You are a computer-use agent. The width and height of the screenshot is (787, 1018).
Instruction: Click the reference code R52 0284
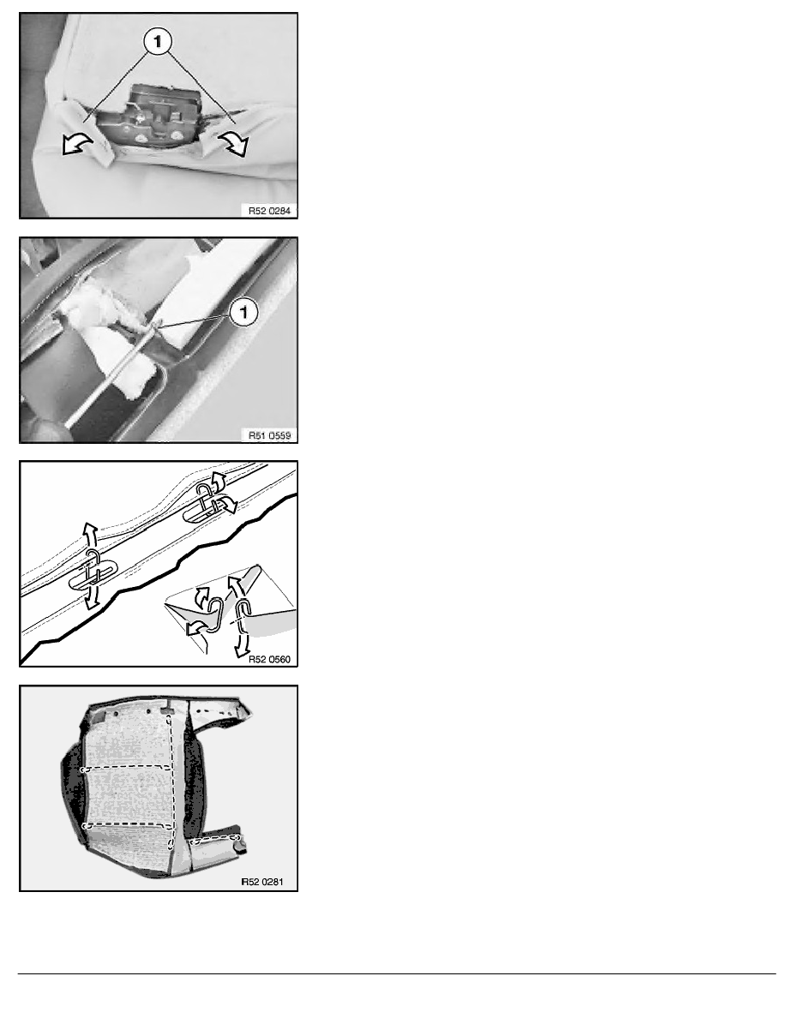tap(269, 210)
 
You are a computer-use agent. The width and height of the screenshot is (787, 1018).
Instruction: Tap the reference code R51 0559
tap(269, 435)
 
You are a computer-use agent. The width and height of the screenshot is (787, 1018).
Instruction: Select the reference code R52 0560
tap(269, 659)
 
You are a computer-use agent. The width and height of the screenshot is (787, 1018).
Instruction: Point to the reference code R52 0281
tap(262, 882)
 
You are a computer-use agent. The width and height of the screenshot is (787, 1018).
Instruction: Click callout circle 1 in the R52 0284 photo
tap(158, 43)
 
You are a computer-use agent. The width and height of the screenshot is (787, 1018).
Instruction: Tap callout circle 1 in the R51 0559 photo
tap(243, 312)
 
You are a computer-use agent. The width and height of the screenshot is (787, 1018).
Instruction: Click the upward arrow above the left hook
tap(90, 535)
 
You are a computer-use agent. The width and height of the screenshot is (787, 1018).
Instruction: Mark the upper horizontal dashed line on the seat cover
tap(126, 768)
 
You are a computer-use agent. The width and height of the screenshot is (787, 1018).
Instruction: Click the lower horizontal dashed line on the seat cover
tap(128, 826)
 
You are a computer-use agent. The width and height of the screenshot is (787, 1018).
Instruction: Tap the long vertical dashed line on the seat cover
tap(170, 779)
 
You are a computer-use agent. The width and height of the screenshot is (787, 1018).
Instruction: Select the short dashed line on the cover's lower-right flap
tap(215, 840)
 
